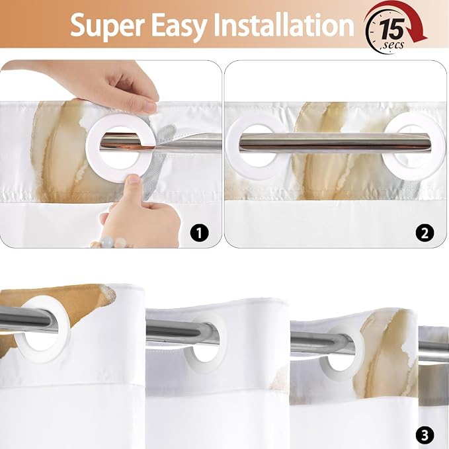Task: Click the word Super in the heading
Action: click(107, 25)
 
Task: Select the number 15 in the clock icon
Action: click(392, 28)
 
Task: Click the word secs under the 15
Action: click(393, 45)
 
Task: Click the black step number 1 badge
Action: click(199, 233)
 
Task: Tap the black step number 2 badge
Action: click(425, 233)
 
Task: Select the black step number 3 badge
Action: click(425, 435)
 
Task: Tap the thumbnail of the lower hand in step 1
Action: click(132, 180)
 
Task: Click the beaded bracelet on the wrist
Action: click(111, 243)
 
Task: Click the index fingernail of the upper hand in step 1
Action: click(149, 106)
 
